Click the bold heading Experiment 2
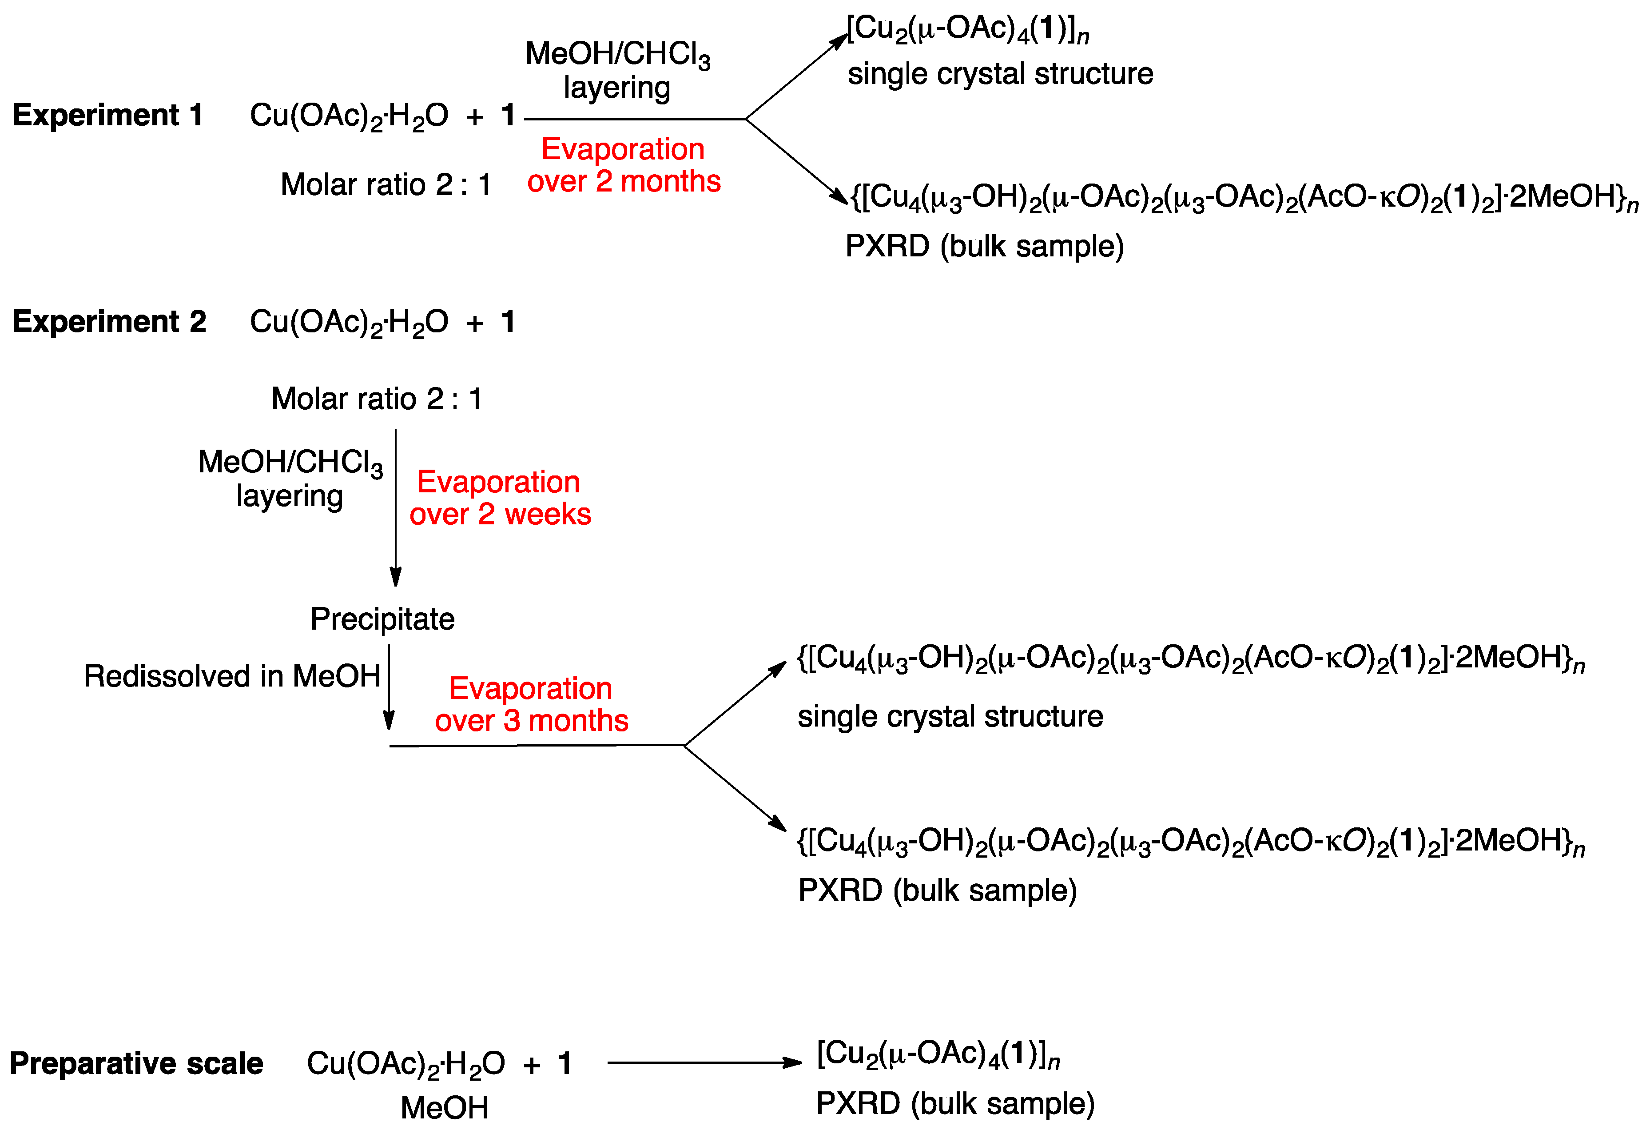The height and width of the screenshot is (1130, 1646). tap(109, 322)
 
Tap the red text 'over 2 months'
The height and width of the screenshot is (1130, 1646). tap(623, 181)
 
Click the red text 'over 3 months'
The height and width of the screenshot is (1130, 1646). tap(531, 720)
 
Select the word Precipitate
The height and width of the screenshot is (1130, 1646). tap(382, 619)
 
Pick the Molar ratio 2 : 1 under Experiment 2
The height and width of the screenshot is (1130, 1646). tap(376, 399)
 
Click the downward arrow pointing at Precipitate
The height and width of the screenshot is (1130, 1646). tap(395, 507)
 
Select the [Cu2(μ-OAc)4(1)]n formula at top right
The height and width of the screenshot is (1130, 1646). tap(967, 30)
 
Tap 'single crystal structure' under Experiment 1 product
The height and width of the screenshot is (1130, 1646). tap(1000, 74)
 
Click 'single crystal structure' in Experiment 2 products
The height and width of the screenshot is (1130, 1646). tap(950, 716)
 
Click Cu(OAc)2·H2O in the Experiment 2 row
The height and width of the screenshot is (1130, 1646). tap(349, 322)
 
